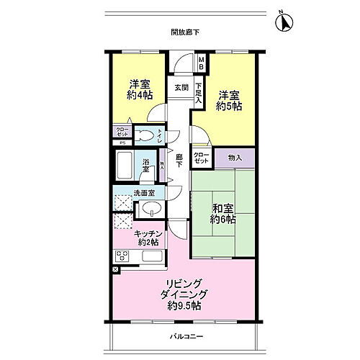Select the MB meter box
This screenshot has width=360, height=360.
pos(202,63)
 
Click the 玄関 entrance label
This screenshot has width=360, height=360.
pos(181,88)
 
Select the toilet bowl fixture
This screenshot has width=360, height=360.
pos(145,134)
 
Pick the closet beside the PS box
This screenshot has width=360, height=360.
pos(122,132)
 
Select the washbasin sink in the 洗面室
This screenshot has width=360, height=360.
pos(150,209)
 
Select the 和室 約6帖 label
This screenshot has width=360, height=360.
pos(223,214)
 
